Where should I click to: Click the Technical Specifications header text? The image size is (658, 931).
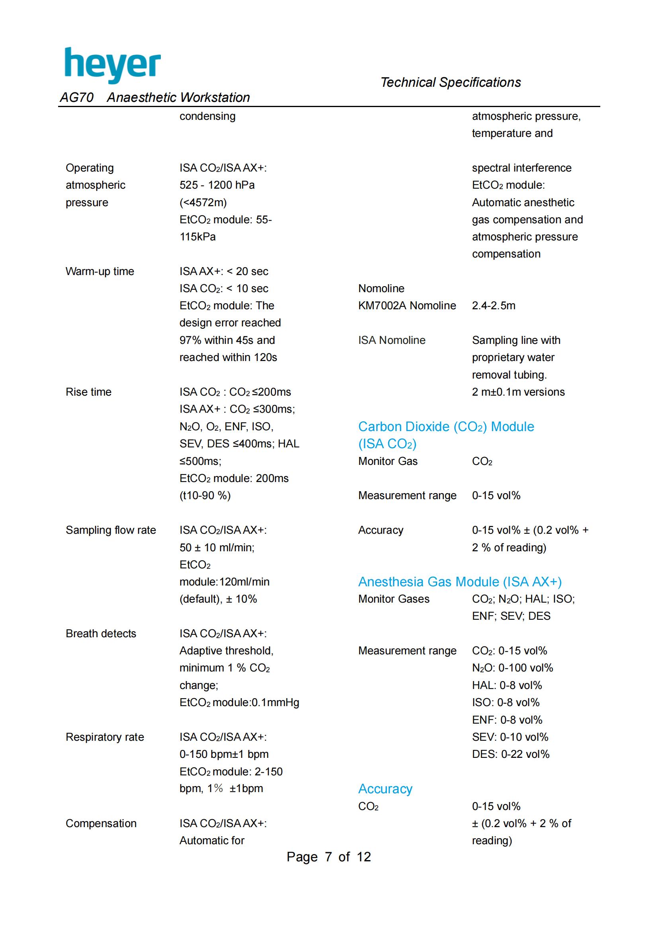[451, 82]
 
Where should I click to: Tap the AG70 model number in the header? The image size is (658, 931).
[76, 97]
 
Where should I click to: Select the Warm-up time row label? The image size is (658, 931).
[100, 271]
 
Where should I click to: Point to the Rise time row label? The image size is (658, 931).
[88, 392]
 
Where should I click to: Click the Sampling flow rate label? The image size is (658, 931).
[111, 530]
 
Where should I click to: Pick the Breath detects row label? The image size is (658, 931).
[101, 633]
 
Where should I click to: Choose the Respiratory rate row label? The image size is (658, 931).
[105, 737]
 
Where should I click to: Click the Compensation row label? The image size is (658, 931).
[101, 823]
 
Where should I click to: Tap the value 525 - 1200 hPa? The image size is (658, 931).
[217, 185]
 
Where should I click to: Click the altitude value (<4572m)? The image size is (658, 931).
[203, 202]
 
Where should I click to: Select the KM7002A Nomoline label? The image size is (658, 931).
[407, 306]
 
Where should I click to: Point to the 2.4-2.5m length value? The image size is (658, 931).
[493, 306]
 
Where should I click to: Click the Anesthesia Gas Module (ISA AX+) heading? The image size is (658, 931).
[460, 582]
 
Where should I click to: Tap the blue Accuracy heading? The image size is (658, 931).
[385, 789]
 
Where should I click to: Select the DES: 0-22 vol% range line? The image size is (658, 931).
[510, 754]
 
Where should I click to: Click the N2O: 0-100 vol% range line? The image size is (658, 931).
[512, 668]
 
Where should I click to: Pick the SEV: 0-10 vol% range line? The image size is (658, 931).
[510, 737]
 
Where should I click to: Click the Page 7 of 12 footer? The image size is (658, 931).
[328, 857]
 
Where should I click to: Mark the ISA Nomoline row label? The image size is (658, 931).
[392, 340]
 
